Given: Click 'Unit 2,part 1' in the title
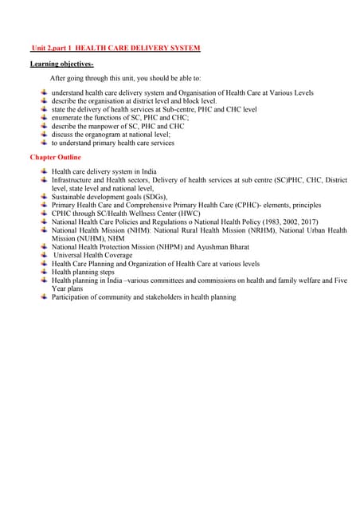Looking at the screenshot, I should point(56,49).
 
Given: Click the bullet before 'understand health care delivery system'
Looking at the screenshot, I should point(44,93).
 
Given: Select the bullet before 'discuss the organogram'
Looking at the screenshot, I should point(44,135).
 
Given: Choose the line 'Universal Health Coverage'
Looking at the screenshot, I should point(93,255).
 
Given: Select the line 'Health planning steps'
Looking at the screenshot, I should point(86,272).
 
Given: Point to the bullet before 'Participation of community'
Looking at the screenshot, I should point(44,297).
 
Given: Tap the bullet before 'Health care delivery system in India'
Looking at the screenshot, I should point(44,171).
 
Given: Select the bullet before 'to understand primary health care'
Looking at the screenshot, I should point(44,143).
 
